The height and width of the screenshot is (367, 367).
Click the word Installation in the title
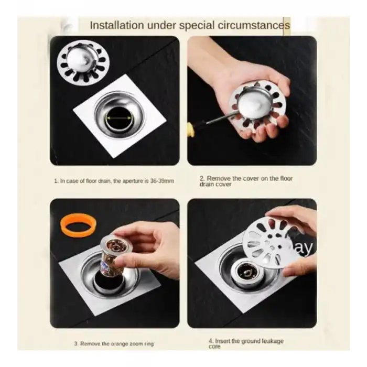click(x=117, y=25)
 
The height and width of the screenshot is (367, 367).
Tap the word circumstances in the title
click(x=254, y=25)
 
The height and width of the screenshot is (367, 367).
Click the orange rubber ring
click(x=78, y=225)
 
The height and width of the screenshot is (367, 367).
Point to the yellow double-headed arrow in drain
click(x=119, y=118)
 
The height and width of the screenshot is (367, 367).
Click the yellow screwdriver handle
click(x=191, y=131)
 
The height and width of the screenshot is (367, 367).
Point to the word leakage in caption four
click(x=273, y=341)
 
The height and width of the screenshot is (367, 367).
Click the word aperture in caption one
click(x=134, y=181)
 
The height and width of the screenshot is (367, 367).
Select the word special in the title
click(x=197, y=25)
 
